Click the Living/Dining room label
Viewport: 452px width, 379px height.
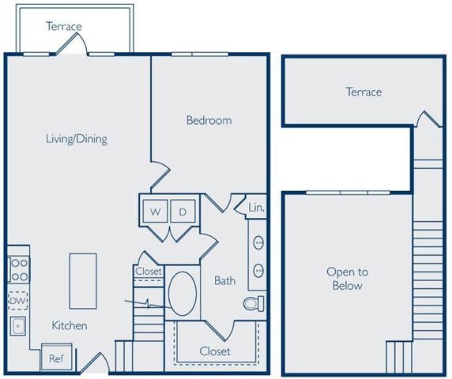[x=76, y=139]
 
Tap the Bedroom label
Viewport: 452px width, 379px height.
[x=209, y=121]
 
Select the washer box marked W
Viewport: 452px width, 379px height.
[x=156, y=212]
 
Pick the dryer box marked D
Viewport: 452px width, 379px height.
[x=183, y=212]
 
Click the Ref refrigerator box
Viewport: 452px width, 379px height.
[x=56, y=358]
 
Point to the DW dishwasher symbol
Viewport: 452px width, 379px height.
[x=18, y=301]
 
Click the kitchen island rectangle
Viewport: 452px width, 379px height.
[x=83, y=280]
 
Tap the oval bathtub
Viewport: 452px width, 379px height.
[x=183, y=294]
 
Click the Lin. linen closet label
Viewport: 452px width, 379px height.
[x=256, y=208]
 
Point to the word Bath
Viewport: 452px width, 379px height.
[x=224, y=280]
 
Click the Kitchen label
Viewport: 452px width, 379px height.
[x=70, y=325]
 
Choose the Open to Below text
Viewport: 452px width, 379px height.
[x=347, y=279]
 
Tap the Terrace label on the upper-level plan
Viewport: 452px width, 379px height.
[x=363, y=92]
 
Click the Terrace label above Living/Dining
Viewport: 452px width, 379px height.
[x=63, y=26]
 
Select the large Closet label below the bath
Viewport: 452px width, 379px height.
[x=216, y=351]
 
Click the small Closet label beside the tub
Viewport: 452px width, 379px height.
[x=149, y=272]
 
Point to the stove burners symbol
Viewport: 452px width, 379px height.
[x=18, y=269]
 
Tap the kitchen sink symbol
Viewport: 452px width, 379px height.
[x=17, y=325]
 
